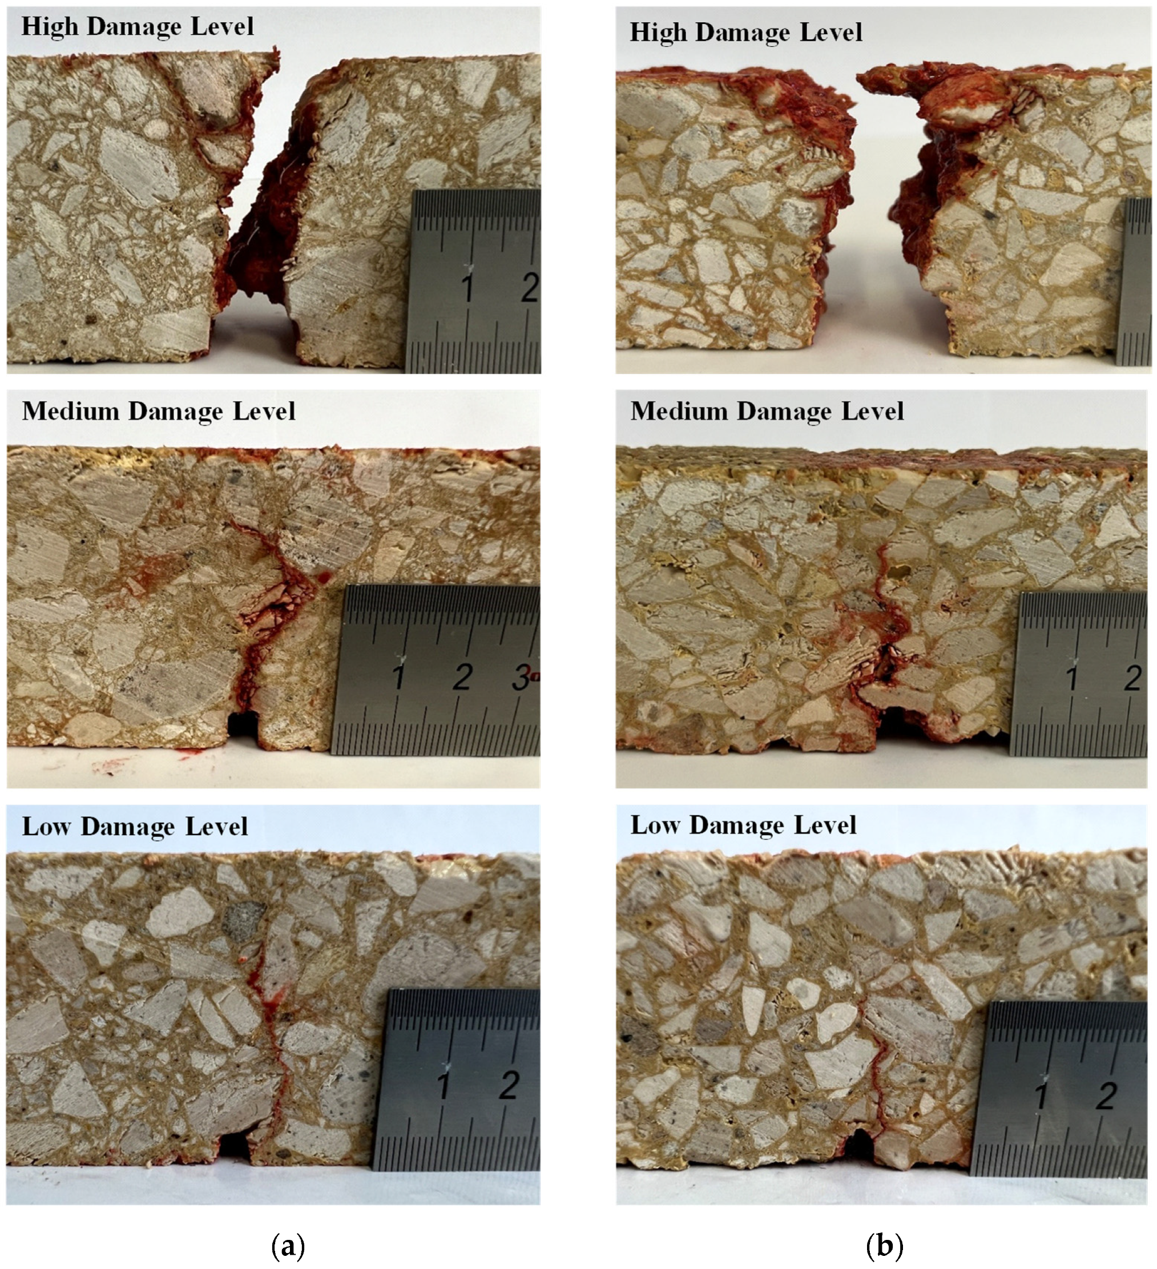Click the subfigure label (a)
[288, 1246]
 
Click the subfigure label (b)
[884, 1246]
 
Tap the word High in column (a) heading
[50, 26]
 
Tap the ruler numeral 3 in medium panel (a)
[520, 676]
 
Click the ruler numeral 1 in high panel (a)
[467, 288]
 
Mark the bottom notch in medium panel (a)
[243, 725]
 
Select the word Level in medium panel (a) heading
[264, 411]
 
